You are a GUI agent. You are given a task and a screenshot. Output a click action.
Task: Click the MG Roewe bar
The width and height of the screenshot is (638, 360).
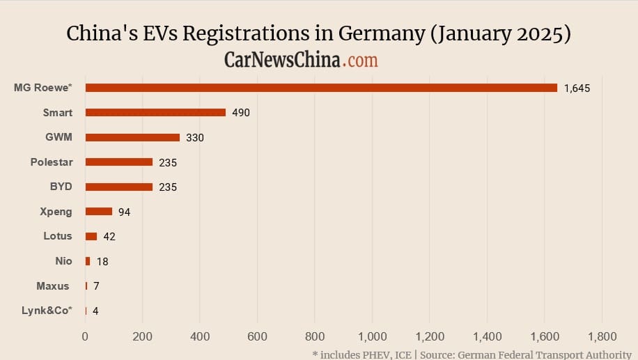pos(321,88)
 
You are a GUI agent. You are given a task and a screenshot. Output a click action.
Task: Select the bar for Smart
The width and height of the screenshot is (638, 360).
pos(155,112)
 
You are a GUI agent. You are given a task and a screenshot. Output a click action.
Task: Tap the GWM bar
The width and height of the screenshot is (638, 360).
pos(132,137)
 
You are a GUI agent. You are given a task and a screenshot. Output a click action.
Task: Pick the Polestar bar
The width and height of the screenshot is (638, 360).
pos(118,162)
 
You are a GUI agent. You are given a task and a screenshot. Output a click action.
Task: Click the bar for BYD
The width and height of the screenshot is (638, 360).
pos(118,187)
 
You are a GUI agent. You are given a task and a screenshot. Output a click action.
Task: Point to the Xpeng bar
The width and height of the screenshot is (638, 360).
pos(98,212)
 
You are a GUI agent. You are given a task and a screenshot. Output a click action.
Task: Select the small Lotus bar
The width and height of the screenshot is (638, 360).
pos(91,236)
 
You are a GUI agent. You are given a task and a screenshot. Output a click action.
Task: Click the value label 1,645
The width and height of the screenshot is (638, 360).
pos(577,88)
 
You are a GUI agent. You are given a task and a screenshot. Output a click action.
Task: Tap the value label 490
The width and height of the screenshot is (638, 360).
pos(241,113)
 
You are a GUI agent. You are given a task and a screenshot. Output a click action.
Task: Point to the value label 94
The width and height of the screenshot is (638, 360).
pos(125,212)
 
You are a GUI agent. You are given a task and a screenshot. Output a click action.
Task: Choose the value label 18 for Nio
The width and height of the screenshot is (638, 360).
pos(102,262)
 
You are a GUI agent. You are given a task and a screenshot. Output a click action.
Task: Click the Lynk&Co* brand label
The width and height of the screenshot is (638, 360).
pos(47,311)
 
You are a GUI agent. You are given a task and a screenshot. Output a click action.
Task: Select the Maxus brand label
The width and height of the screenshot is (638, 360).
pos(53,285)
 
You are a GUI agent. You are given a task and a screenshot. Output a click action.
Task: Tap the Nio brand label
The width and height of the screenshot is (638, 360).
pos(63,261)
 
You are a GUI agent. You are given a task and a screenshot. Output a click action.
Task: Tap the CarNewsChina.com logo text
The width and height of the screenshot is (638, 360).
pos(301,60)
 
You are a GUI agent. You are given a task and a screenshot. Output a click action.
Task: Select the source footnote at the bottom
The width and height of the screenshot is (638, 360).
pos(472,354)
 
